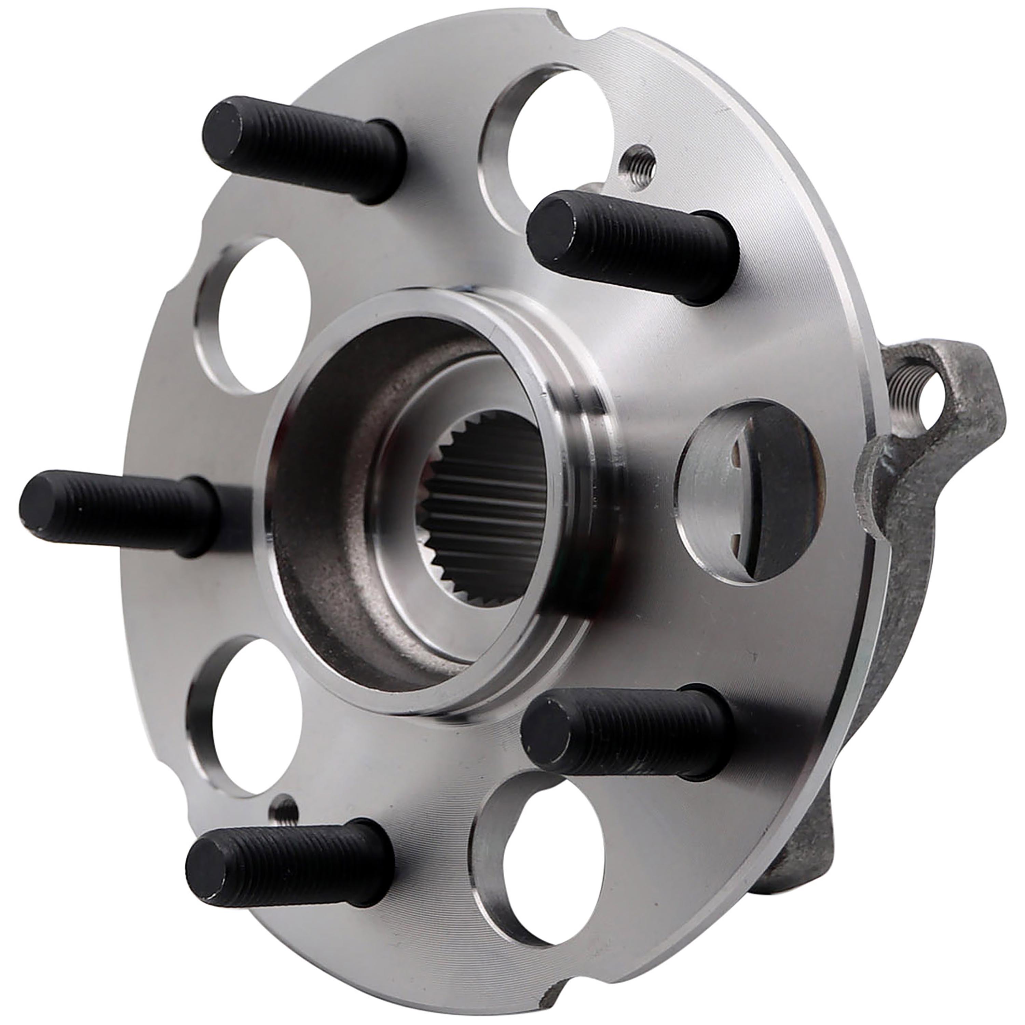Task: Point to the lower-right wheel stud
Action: pos(626,732)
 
